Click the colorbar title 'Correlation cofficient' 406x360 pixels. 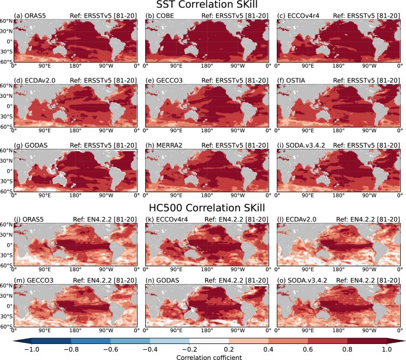[x=203, y=355]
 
